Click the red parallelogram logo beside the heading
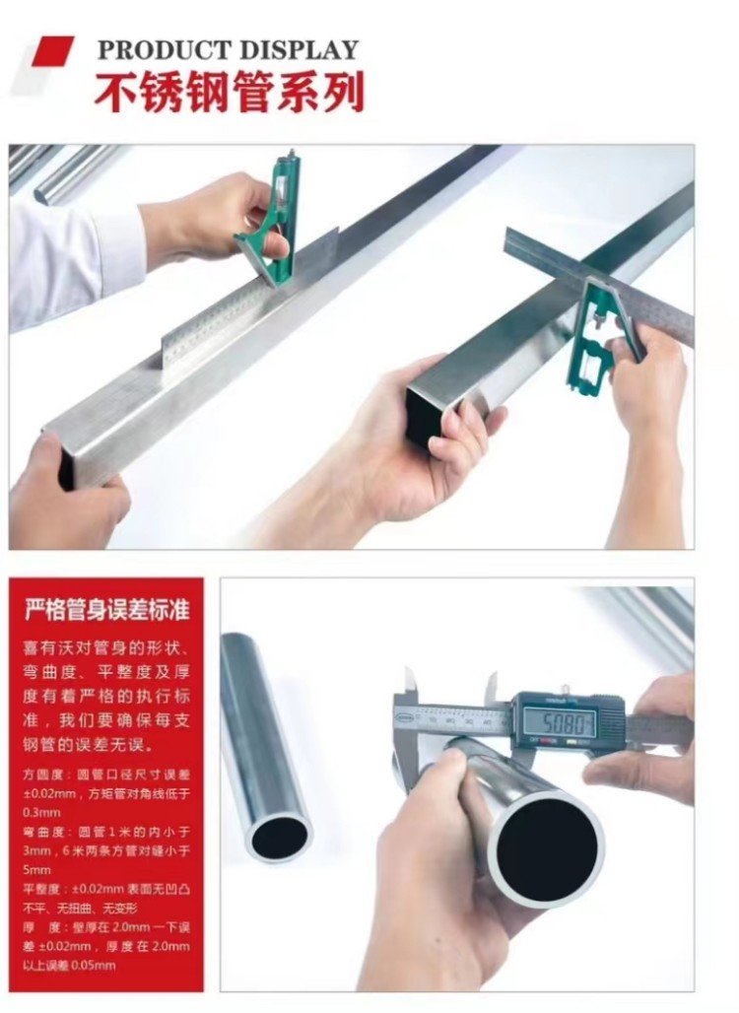(x=53, y=51)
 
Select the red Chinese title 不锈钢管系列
(x=230, y=92)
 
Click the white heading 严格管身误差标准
(x=106, y=609)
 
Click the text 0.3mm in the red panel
(x=41, y=811)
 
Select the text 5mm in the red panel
(x=36, y=869)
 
